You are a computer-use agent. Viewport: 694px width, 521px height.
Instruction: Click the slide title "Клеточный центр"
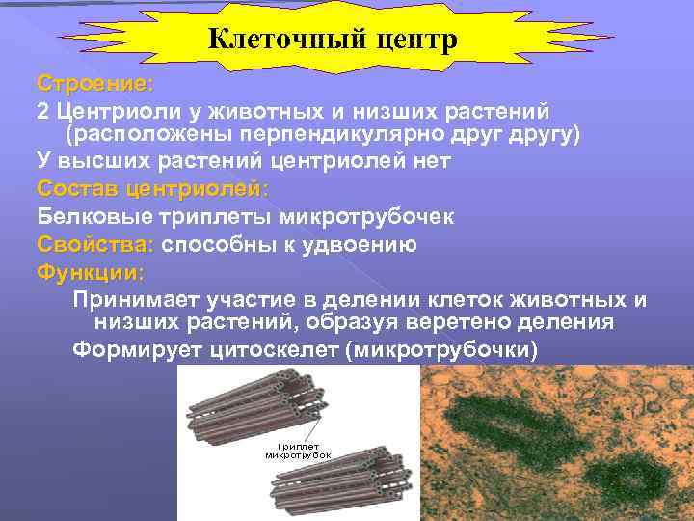[333, 40]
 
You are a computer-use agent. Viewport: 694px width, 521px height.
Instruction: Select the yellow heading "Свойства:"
[96, 244]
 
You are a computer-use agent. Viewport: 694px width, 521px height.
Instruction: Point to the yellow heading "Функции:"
[91, 272]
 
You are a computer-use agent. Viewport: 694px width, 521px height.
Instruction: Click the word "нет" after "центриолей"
[428, 160]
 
